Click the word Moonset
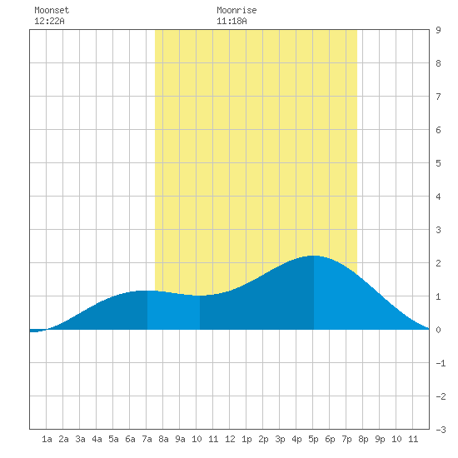click(52, 10)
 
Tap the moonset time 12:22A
click(49, 21)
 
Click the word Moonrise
click(236, 10)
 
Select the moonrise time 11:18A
click(231, 21)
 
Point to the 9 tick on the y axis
click(438, 30)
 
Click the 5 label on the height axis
click(438, 163)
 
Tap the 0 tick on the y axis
click(438, 330)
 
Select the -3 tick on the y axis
click(441, 430)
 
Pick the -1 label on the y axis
click(441, 363)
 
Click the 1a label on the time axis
click(47, 439)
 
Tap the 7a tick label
click(147, 439)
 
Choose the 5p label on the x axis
click(313, 439)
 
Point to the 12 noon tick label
click(230, 439)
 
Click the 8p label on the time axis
click(363, 439)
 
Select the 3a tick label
click(80, 439)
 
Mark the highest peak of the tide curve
click(314, 256)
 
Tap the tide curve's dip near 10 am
click(200, 296)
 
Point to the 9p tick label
click(380, 439)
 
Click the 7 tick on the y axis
click(438, 97)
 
